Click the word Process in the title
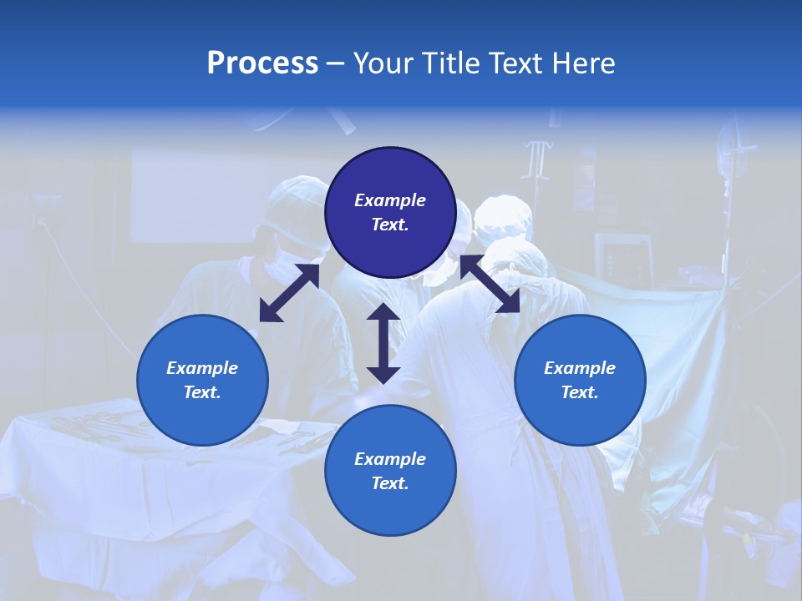pos(262,63)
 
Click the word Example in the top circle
pos(390,200)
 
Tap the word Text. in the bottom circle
pos(390,483)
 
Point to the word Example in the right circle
pos(580,368)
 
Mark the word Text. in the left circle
pos(202,392)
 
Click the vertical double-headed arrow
pos(383,343)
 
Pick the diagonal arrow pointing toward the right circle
pos(490,284)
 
